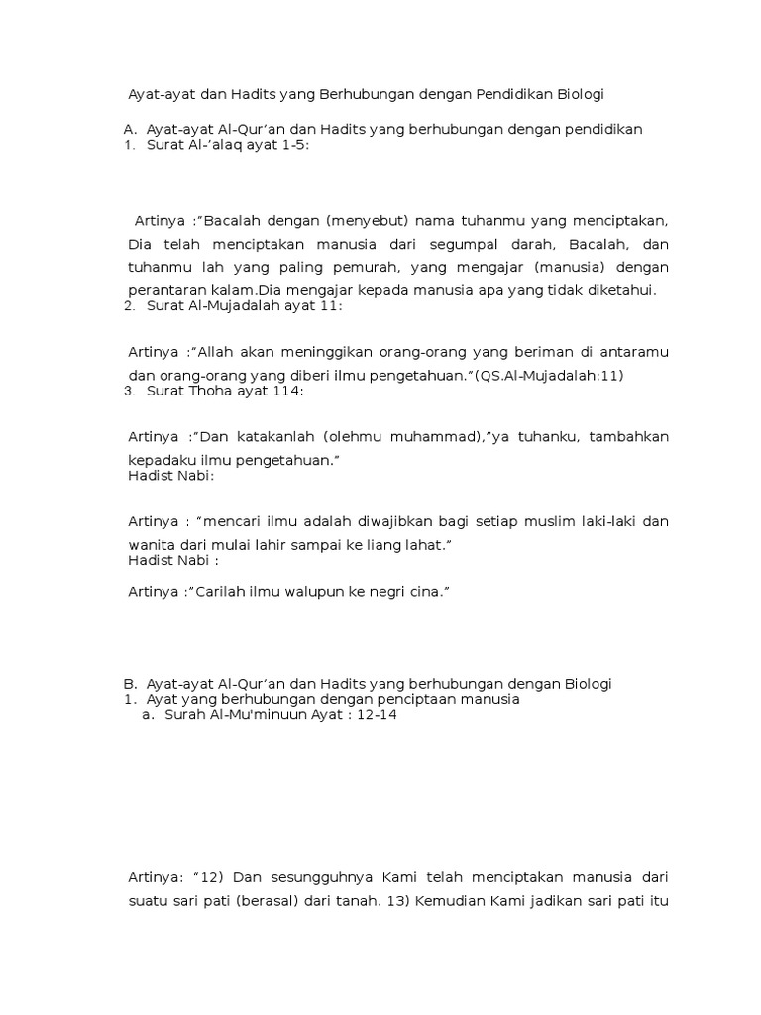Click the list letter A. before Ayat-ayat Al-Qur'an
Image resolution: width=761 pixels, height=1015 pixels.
tap(129, 129)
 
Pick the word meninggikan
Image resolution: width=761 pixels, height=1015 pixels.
tap(316, 352)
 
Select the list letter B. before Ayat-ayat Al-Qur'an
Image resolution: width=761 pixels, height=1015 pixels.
tap(129, 684)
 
